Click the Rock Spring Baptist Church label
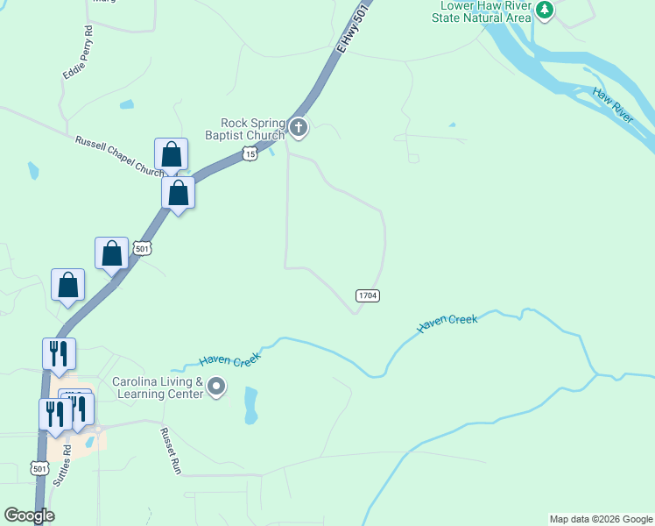244,129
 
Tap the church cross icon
299,129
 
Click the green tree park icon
546,11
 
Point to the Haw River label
612,104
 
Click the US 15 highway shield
250,154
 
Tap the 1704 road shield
367,295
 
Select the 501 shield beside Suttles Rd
39,469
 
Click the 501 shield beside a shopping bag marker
142,249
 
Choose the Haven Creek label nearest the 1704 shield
447,323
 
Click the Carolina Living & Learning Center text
158,387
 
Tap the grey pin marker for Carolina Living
216,387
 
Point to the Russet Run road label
170,451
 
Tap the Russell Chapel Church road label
114,155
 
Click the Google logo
29,515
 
